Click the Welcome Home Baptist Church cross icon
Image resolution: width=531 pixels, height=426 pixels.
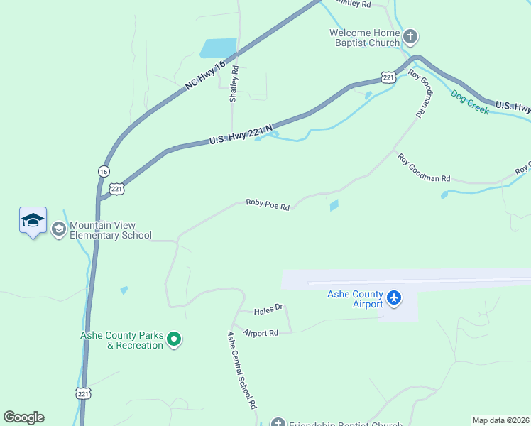[x=410, y=36]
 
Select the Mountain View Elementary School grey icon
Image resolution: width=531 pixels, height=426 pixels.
[x=58, y=229]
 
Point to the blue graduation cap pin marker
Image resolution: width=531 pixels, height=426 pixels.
[x=33, y=221]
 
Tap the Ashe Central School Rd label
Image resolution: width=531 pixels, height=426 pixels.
[x=241, y=371]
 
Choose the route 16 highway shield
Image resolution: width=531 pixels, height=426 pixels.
[x=104, y=171]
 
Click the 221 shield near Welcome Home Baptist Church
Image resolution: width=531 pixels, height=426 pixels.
[x=387, y=77]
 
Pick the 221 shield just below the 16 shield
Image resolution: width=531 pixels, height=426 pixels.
[x=118, y=188]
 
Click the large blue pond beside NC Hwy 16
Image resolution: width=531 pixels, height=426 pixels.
[x=218, y=48]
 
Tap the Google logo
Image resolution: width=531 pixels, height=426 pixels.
[x=23, y=417]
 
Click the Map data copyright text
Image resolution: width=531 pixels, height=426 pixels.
[x=501, y=420]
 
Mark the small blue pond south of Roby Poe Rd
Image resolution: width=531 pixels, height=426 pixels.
[x=334, y=206]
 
